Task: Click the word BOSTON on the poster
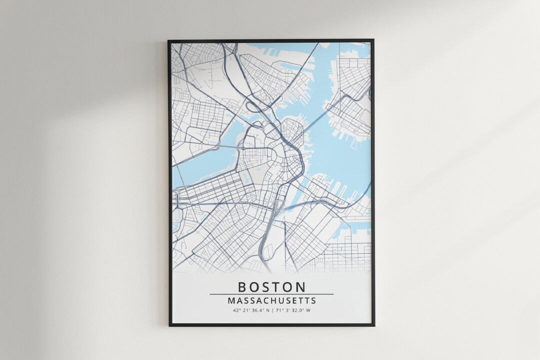[x=271, y=287]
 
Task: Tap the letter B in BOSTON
[x=242, y=287]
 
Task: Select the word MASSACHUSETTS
[x=271, y=301]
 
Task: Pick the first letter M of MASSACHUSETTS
[x=230, y=301]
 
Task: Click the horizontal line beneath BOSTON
[x=271, y=294]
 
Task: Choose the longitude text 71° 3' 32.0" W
[x=292, y=310]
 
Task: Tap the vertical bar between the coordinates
[x=272, y=310]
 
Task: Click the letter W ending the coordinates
[x=308, y=310]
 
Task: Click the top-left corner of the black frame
[x=169, y=40]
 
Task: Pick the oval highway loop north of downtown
[x=254, y=106]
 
